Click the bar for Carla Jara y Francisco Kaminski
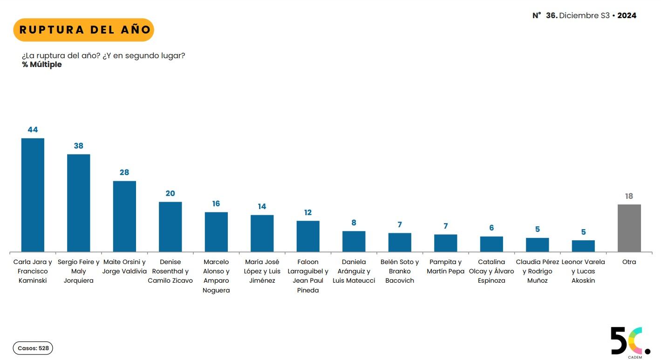click(33, 195)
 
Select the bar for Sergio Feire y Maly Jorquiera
click(79, 203)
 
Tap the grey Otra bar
click(629, 228)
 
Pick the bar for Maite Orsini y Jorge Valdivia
click(124, 216)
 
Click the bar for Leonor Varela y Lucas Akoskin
click(583, 246)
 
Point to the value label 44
click(33, 129)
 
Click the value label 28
click(124, 172)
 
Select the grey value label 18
click(629, 196)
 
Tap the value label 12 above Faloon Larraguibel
click(308, 212)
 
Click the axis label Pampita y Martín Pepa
click(446, 266)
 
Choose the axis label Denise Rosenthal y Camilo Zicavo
click(170, 271)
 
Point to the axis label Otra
click(629, 262)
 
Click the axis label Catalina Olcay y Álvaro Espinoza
click(491, 271)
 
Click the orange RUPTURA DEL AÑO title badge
click(83, 30)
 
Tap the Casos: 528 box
click(33, 348)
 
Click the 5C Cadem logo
click(630, 342)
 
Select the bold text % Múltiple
click(42, 65)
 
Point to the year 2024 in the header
click(627, 15)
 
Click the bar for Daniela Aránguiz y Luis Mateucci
click(354, 241)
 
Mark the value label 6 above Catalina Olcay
click(491, 228)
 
